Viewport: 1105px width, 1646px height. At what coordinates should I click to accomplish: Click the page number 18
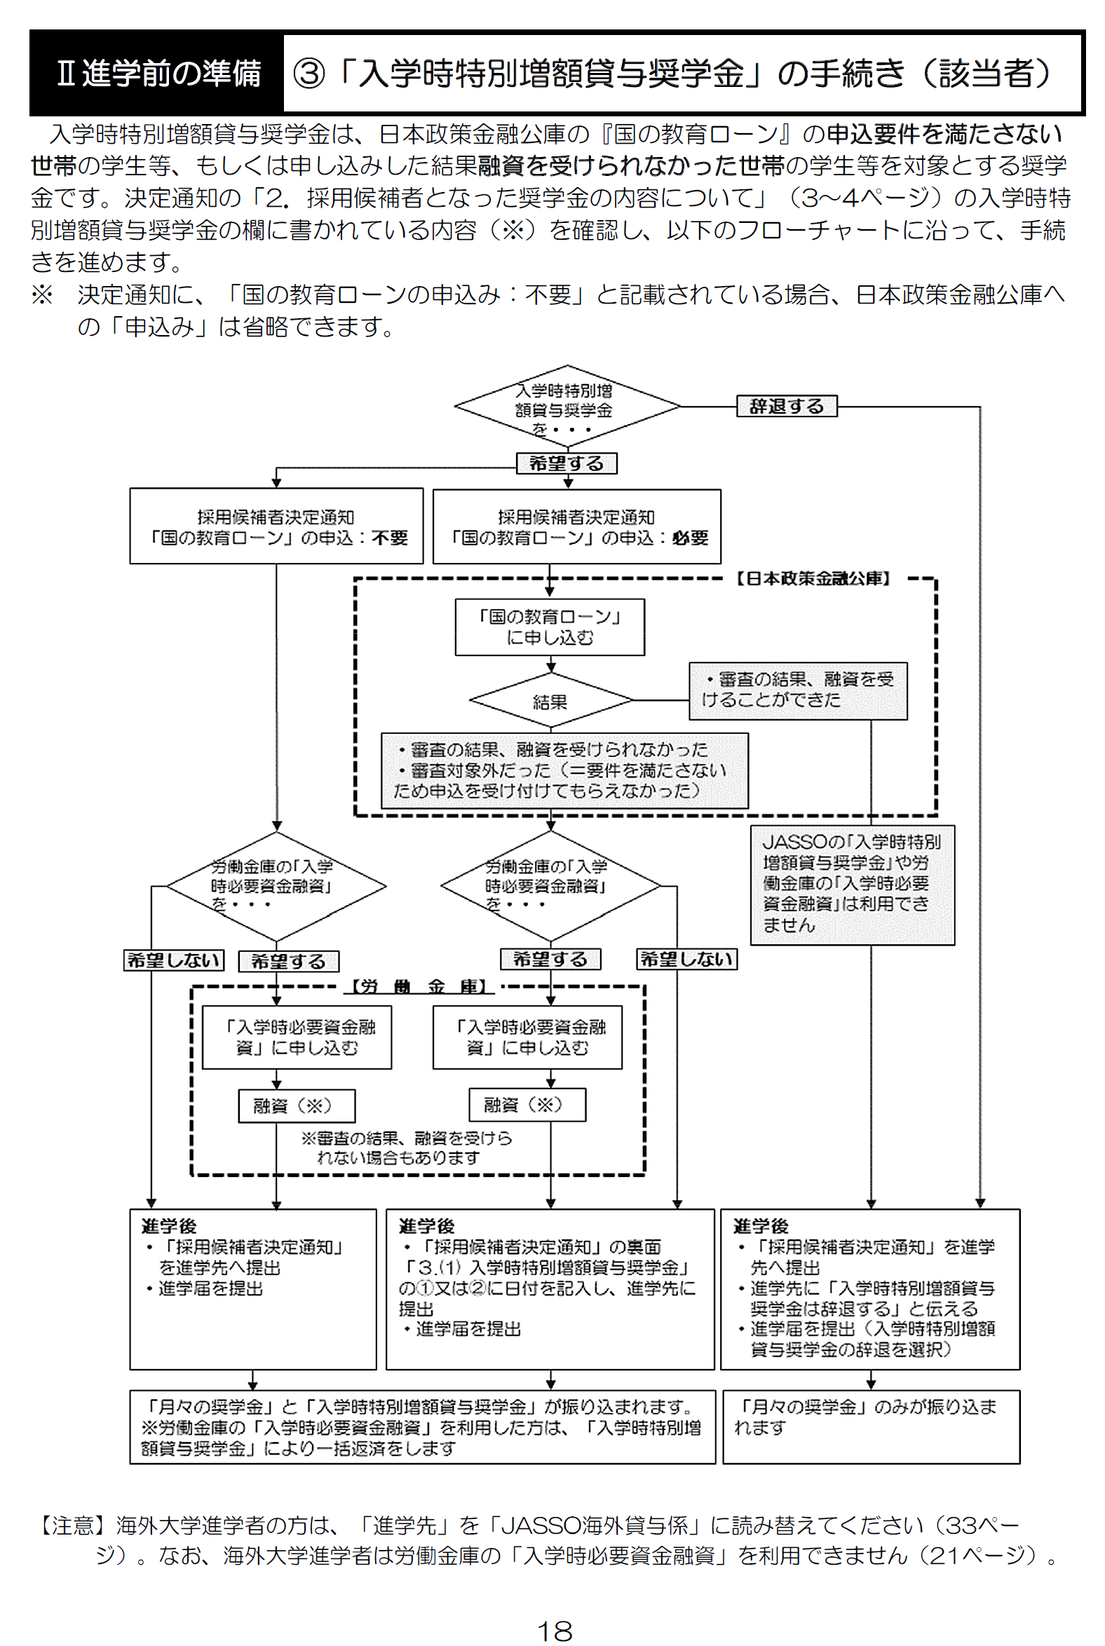[554, 1631]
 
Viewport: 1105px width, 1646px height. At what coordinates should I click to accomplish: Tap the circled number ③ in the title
[309, 73]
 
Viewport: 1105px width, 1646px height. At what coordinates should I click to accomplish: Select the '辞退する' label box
[787, 406]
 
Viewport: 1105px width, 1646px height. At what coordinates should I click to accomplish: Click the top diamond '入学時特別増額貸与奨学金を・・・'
[567, 407]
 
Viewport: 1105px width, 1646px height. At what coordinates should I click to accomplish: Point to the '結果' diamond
[550, 701]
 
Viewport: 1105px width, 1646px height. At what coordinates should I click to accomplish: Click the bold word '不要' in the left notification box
[390, 538]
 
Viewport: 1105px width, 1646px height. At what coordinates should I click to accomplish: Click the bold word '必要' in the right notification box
[690, 538]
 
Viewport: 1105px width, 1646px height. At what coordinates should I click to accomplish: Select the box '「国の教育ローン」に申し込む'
[550, 627]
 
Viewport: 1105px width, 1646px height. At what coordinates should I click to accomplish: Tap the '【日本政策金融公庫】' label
[813, 578]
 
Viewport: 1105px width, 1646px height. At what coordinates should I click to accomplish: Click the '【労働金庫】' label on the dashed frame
[420, 986]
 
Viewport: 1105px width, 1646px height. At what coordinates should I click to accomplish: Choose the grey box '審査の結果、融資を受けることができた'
[798, 691]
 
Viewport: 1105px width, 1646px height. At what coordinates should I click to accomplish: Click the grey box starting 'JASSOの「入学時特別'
[852, 884]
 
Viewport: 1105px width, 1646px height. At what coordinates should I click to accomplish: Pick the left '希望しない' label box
[173, 960]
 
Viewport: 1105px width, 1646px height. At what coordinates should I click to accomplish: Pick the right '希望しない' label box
[686, 959]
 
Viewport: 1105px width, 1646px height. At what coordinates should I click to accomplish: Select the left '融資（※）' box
[296, 1106]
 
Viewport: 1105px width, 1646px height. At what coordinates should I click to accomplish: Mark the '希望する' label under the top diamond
[567, 463]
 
